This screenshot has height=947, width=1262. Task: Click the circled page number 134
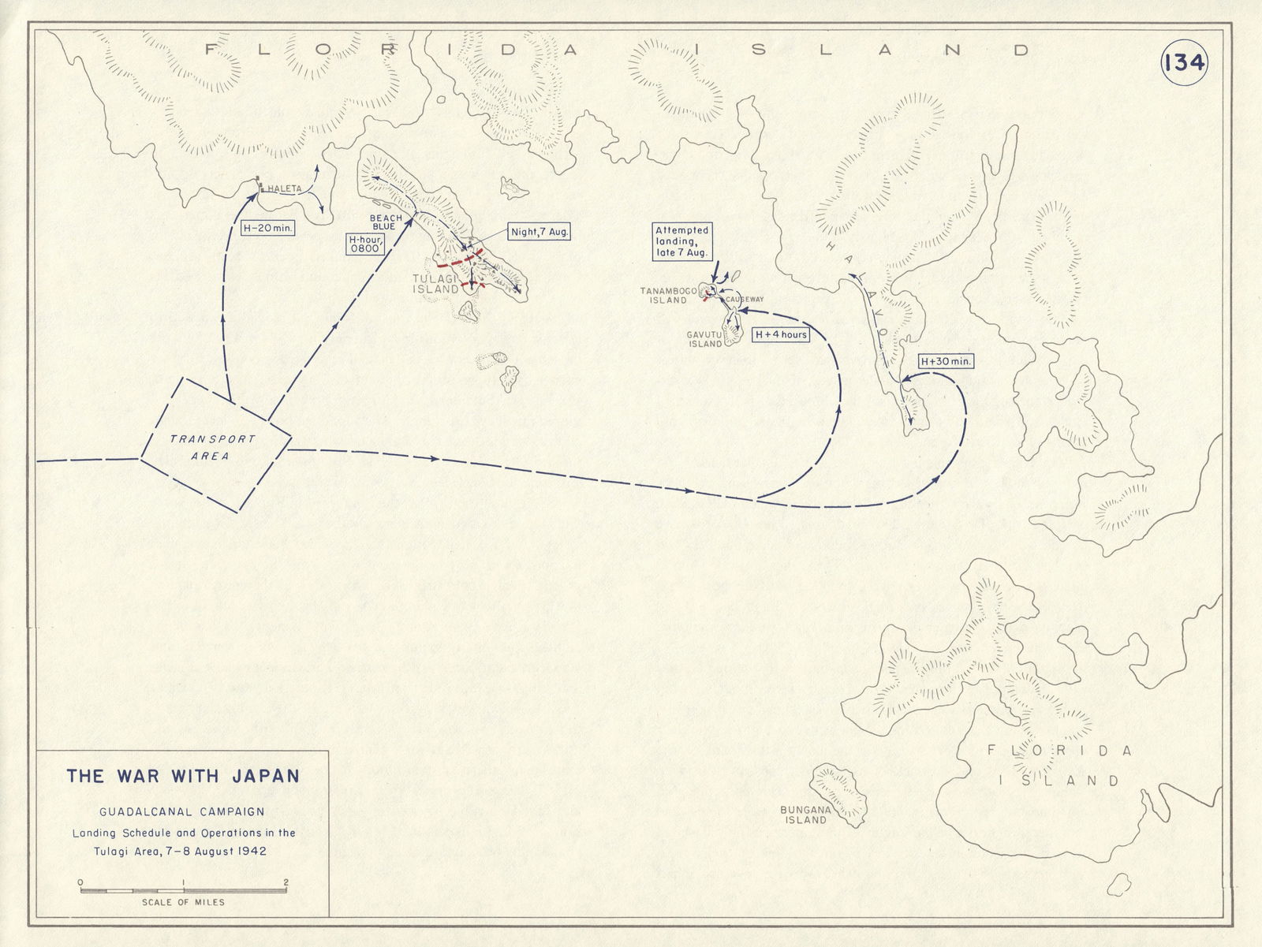(1184, 63)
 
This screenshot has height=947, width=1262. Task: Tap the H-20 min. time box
(267, 228)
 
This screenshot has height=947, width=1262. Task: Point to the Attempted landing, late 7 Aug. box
(681, 242)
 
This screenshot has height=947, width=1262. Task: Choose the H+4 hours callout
(781, 334)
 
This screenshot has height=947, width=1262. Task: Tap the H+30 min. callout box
(946, 362)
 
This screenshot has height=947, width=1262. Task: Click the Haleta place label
(284, 189)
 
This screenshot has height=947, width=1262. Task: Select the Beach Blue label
(386, 222)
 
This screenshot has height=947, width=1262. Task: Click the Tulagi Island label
(435, 284)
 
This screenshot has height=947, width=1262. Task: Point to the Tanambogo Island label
(668, 295)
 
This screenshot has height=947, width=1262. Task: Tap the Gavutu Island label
(705, 339)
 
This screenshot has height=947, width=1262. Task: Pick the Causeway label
(745, 300)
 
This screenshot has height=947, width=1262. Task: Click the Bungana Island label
(804, 815)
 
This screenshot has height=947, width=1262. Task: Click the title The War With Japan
(183, 776)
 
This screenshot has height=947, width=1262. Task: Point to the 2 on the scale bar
(286, 882)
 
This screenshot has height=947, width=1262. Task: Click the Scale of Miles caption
(183, 902)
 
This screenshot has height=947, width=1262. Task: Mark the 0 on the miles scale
(80, 882)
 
